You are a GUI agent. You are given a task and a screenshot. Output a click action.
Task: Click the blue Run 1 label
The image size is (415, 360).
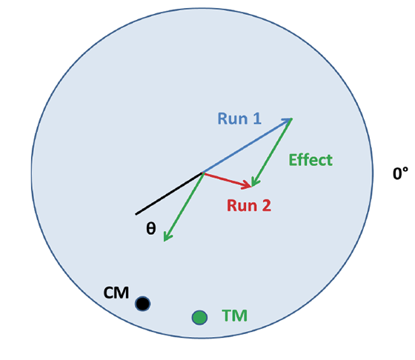(239, 119)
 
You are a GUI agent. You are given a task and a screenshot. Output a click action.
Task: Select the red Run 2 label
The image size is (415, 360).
(249, 205)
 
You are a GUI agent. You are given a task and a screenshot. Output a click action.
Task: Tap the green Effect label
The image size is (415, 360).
(311, 160)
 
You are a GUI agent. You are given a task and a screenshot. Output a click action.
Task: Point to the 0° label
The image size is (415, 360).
(400, 173)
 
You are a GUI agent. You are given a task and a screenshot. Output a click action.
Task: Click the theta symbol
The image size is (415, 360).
(151, 228)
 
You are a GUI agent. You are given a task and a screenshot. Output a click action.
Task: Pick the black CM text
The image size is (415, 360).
(116, 293)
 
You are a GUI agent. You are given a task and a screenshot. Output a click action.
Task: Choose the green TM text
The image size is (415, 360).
(234, 316)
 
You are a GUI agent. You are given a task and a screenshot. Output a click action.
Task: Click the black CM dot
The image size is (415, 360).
(142, 304)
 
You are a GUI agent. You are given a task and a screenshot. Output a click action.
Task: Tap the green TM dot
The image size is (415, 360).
(199, 318)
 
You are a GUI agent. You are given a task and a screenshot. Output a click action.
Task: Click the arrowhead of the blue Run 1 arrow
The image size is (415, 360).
(289, 120)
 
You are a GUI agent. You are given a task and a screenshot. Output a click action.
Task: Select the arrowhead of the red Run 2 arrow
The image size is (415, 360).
(248, 185)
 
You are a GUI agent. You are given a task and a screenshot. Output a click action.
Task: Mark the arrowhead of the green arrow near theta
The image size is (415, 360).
(166, 238)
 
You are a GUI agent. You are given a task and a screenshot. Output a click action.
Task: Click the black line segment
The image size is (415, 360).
(169, 193)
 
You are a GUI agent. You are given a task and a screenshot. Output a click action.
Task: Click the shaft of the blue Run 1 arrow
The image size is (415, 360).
(248, 145)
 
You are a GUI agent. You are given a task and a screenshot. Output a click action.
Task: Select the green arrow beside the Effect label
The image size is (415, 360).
(271, 153)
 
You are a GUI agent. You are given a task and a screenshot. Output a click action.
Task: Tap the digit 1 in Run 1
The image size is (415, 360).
(257, 119)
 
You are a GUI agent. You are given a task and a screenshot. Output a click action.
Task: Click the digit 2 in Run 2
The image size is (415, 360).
(267, 205)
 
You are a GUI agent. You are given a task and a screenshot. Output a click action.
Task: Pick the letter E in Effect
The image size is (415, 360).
(292, 160)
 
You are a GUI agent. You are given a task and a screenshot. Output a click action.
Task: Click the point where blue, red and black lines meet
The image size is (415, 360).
(203, 173)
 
